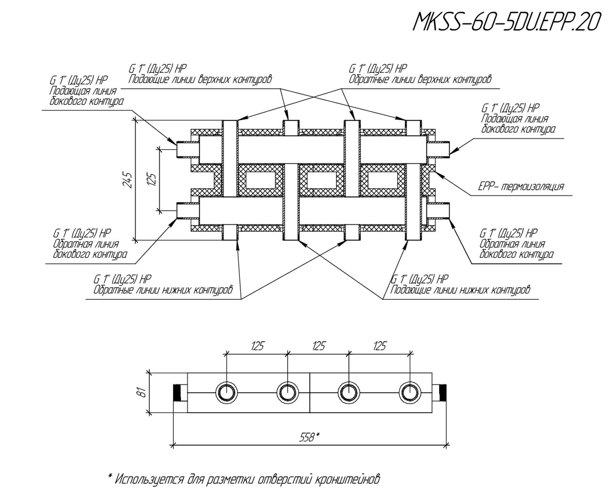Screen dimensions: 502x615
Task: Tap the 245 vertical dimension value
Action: tap(128, 180)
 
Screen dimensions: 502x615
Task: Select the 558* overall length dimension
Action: tap(309, 437)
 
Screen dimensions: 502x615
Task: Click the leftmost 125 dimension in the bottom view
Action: tap(257, 346)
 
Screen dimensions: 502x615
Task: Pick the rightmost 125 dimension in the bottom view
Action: tap(379, 346)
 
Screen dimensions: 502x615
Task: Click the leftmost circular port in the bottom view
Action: tap(226, 393)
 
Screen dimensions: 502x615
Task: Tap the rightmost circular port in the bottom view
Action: tap(409, 393)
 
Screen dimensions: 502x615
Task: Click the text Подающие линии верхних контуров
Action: tap(200, 79)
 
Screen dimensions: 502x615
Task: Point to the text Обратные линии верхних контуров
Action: tap(420, 79)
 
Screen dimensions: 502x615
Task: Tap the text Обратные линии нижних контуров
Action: tap(163, 290)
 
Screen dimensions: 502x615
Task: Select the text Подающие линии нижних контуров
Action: tap(460, 290)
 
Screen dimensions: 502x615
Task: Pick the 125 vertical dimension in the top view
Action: tap(151, 180)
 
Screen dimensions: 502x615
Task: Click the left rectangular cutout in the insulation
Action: tap(259, 180)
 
